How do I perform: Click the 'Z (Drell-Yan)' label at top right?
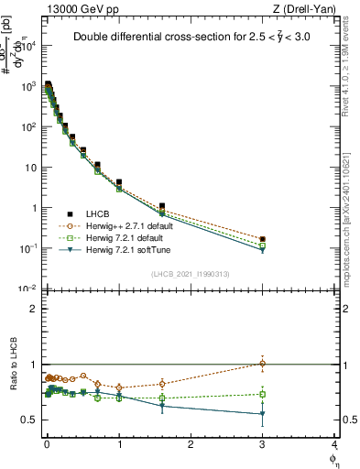tap(308, 8)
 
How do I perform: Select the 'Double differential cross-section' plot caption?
tap(191, 38)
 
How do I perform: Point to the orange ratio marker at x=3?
tap(263, 364)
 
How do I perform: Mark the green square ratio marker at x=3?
tap(263, 395)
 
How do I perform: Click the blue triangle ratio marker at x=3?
tap(263, 414)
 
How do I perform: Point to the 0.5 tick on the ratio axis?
tap(31, 420)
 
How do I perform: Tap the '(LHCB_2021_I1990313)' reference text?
tap(190, 274)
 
